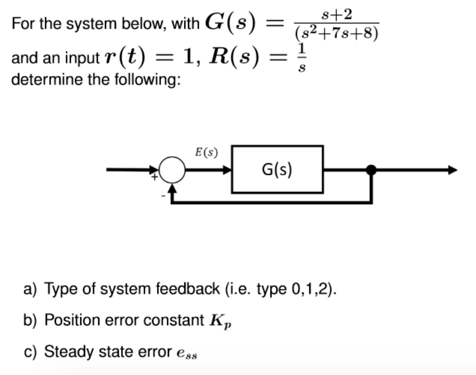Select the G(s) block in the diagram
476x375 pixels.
tap(277, 170)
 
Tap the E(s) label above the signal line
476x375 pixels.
tap(206, 152)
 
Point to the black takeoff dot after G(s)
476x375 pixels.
tap(371, 170)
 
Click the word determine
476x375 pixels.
tap(40, 80)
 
